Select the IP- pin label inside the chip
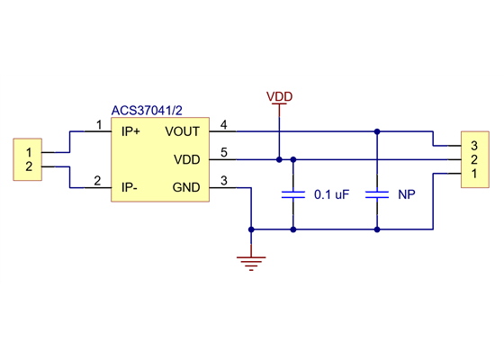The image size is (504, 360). click(130, 187)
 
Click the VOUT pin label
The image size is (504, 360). click(184, 131)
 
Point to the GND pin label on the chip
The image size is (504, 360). click(186, 187)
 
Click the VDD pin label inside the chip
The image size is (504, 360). click(186, 159)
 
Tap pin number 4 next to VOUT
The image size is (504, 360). click(223, 125)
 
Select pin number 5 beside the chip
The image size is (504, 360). click(223, 152)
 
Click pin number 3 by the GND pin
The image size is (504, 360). click(223, 181)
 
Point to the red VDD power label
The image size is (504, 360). click(279, 96)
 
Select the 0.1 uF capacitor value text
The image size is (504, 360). click(331, 194)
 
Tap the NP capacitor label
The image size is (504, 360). click(406, 194)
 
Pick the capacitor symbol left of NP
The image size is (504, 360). click(378, 193)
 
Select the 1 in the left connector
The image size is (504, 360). click(30, 151)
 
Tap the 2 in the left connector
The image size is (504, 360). click(30, 166)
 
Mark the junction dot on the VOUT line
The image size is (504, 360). click(378, 131)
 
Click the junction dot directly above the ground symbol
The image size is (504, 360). click(252, 229)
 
